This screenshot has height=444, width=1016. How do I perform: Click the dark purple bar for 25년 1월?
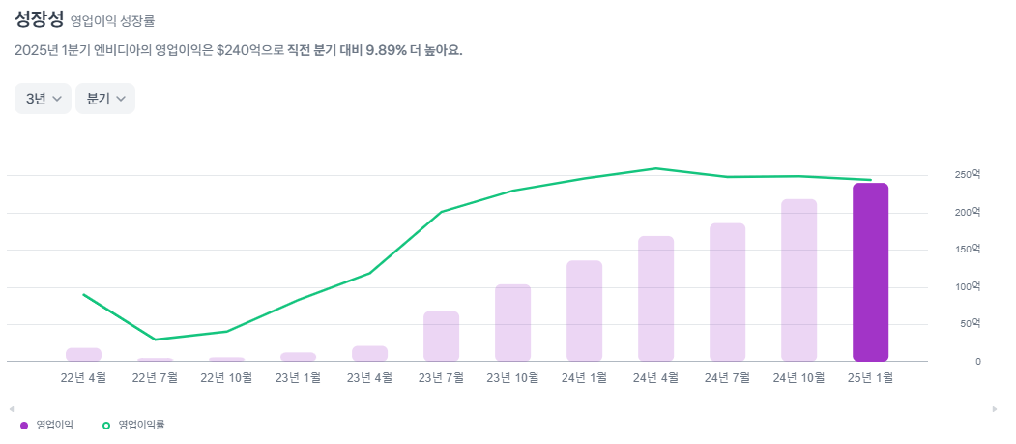(x=870, y=272)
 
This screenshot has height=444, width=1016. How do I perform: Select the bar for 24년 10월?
(x=798, y=280)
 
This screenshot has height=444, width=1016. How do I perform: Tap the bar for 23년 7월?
(x=441, y=336)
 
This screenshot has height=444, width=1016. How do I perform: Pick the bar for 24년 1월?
(x=584, y=311)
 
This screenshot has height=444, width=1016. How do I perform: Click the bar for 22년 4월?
(x=84, y=354)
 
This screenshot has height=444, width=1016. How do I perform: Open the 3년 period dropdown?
(x=43, y=99)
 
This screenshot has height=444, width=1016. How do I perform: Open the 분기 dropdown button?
(x=105, y=99)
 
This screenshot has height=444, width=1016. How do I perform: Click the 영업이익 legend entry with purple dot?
(x=47, y=425)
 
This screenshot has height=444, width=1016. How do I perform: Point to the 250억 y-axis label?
(x=967, y=175)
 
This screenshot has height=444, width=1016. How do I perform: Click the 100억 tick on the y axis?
(x=967, y=287)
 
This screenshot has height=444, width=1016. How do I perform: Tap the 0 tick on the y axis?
(x=977, y=362)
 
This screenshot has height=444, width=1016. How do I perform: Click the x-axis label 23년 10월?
(x=513, y=378)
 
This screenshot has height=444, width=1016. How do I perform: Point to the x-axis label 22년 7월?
(x=156, y=378)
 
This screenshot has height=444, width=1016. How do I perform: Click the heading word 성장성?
(x=39, y=19)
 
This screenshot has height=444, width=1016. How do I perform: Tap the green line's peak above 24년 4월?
(x=655, y=168)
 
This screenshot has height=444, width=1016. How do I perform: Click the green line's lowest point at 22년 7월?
(x=156, y=340)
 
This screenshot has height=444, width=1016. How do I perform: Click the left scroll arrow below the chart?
(x=11, y=409)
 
